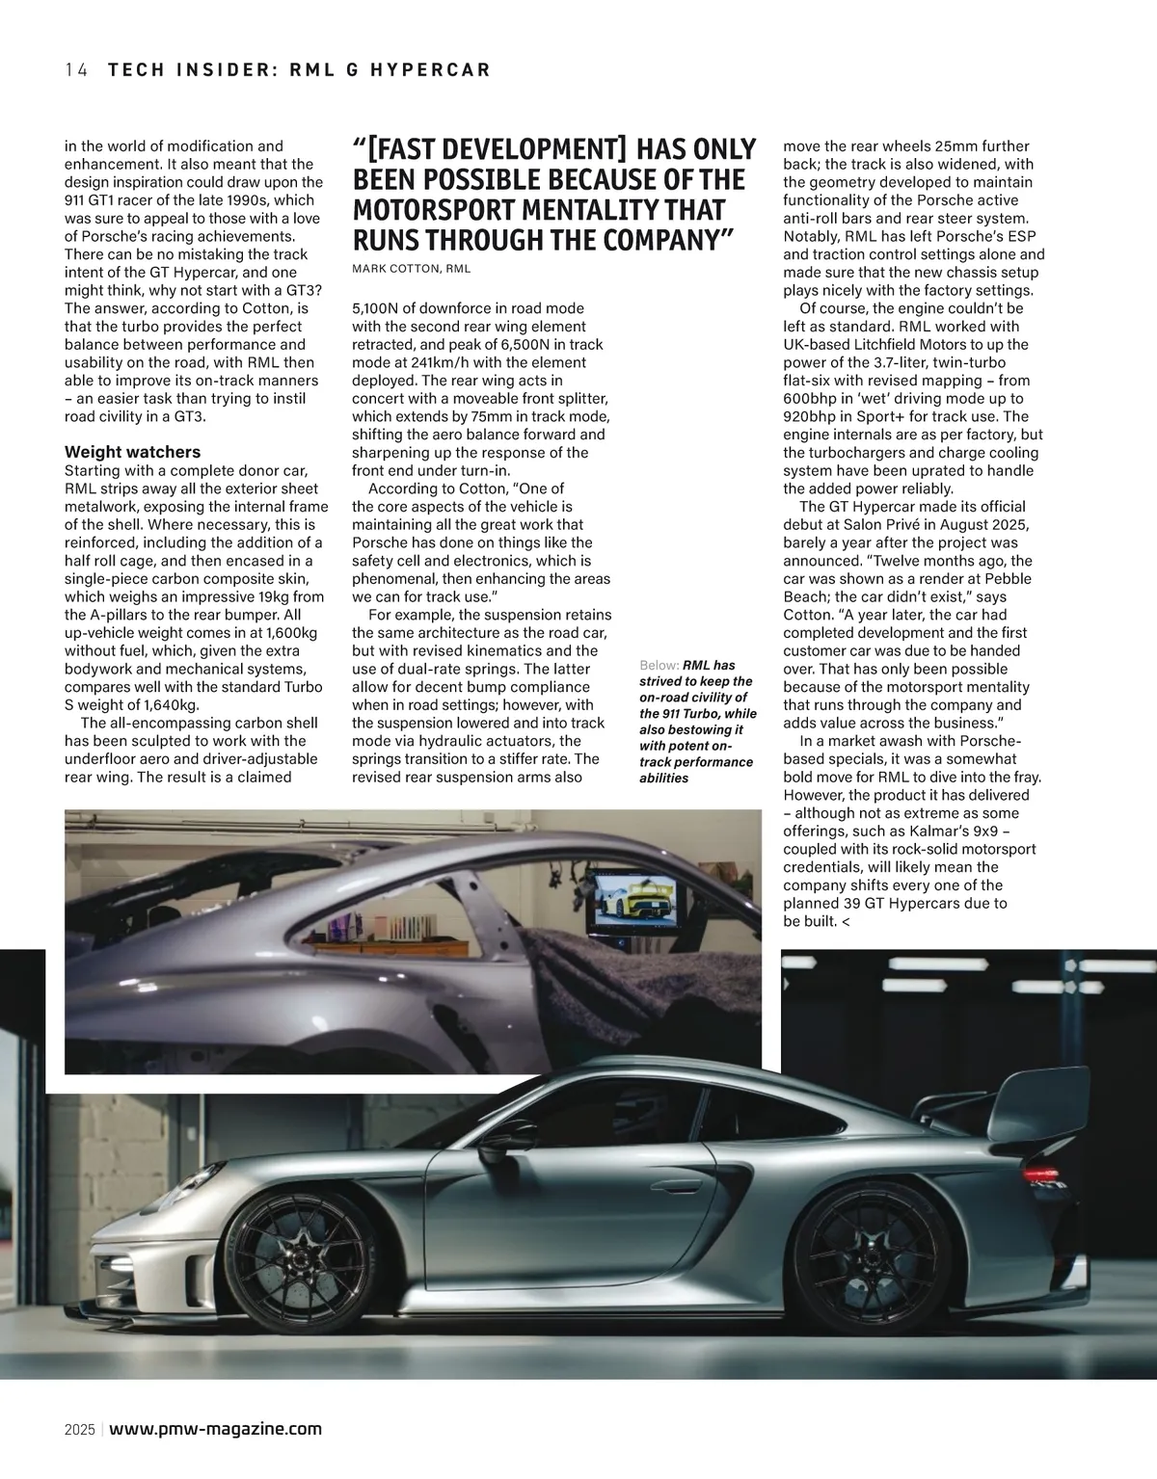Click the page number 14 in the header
(76, 69)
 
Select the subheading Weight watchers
(132, 452)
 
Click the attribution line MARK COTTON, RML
(411, 269)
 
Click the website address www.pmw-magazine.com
(216, 1429)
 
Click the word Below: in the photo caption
(659, 665)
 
